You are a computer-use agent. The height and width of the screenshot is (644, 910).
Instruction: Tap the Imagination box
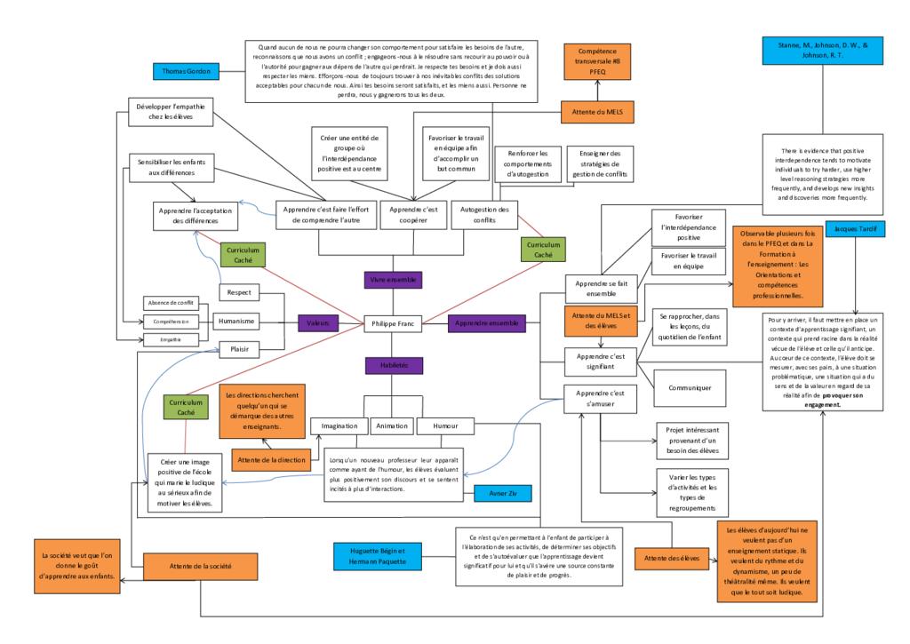pyautogui.click(x=338, y=425)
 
